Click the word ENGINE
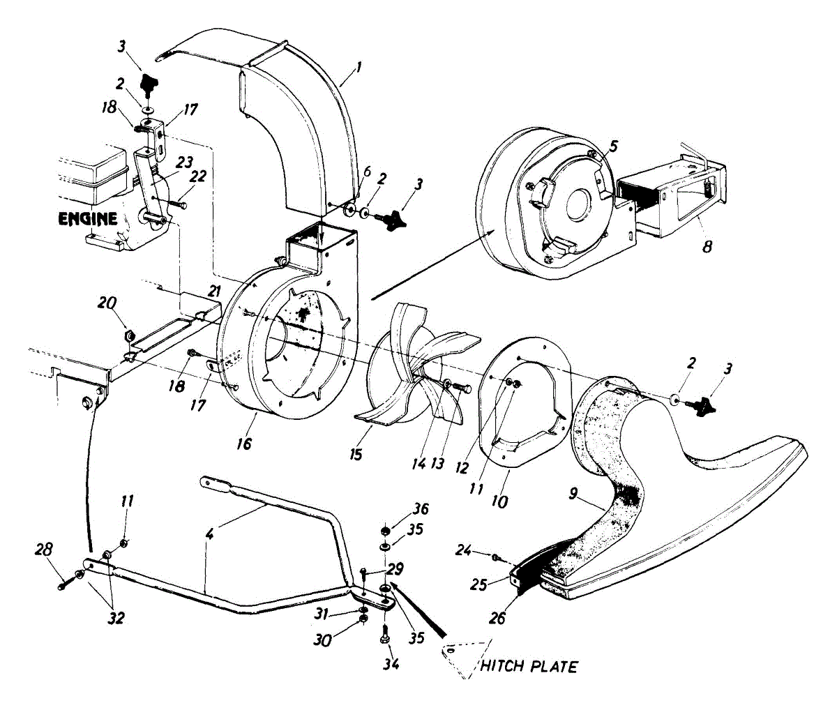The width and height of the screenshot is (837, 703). tap(87, 218)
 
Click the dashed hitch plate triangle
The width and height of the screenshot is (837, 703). tap(456, 656)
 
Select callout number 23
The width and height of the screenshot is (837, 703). tap(184, 161)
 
